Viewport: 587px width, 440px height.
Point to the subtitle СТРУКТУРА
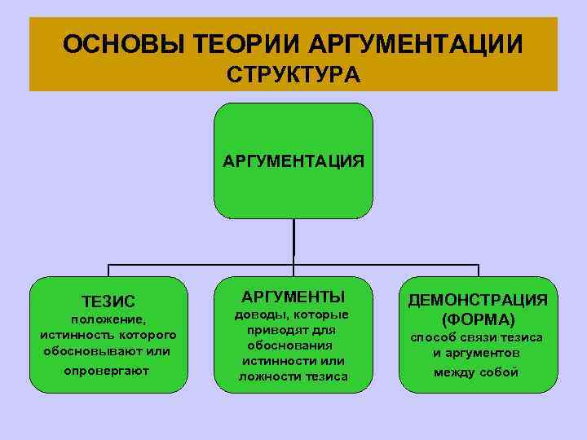(293, 76)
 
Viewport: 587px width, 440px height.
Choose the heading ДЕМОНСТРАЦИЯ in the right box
(478, 299)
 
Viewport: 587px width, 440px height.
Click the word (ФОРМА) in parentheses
(478, 318)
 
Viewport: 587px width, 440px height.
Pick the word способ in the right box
(432, 337)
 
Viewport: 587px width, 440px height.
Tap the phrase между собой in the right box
(478, 372)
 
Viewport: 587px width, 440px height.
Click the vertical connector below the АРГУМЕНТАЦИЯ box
(293, 241)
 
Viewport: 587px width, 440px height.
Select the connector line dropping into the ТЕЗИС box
(108, 271)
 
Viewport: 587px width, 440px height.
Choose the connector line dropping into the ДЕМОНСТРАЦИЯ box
(479, 271)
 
